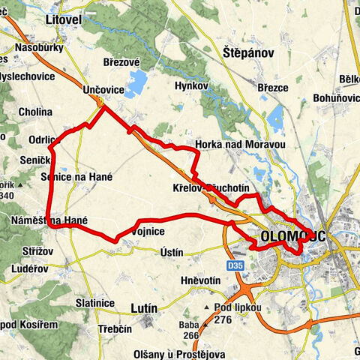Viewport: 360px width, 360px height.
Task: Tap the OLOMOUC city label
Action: point(293,237)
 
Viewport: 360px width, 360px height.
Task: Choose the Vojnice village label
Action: point(147,232)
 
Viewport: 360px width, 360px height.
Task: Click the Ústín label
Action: point(172,253)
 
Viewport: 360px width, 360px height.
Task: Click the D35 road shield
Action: point(235,265)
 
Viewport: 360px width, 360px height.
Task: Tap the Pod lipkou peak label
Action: point(236,307)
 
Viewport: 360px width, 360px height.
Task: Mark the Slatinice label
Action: point(94,302)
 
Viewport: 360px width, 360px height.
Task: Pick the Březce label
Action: point(273,88)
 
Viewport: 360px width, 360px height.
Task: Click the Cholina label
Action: point(37,112)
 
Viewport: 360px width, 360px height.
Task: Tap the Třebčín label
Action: point(115,329)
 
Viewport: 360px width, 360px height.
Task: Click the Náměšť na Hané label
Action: point(49,221)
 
